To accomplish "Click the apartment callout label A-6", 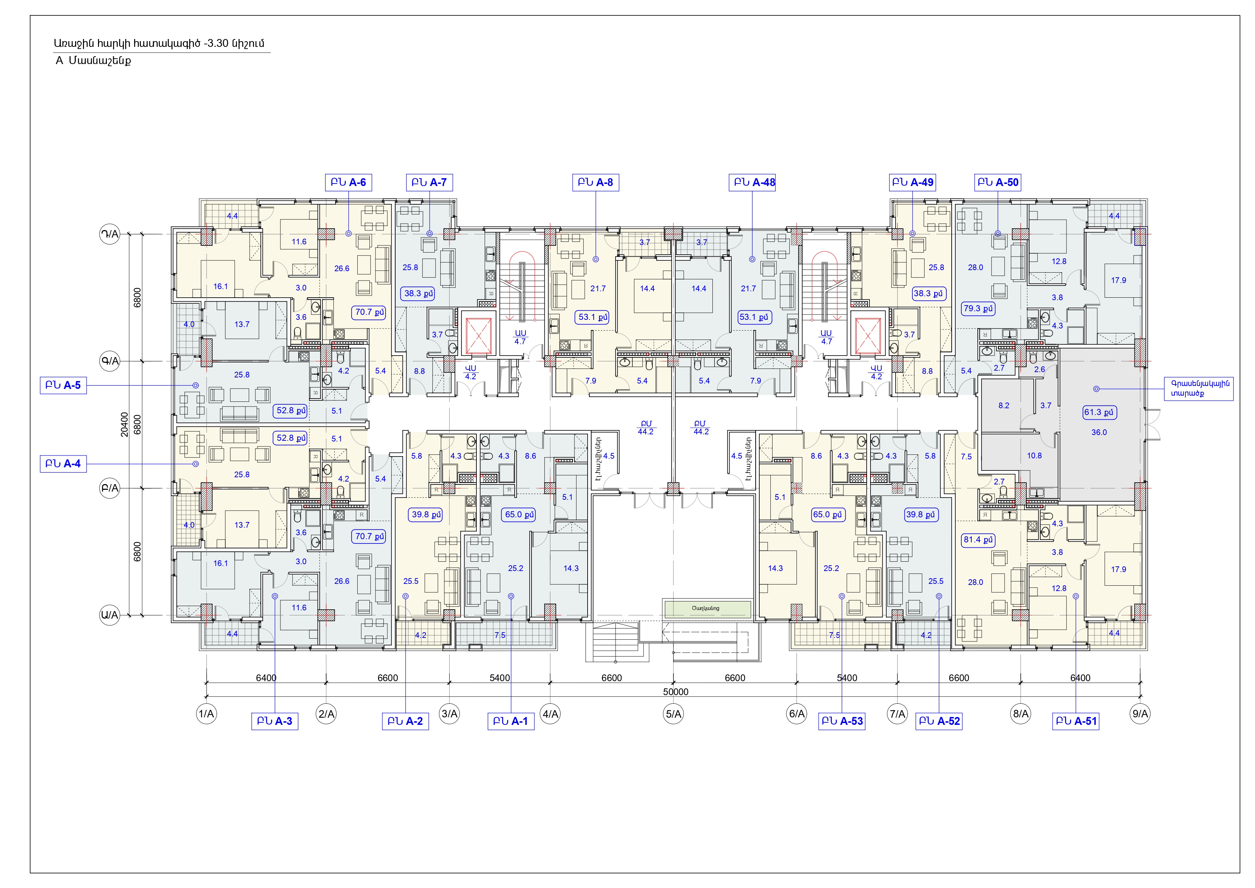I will [348, 182].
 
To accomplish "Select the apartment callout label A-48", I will [752, 182].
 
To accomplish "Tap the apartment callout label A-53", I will [842, 721].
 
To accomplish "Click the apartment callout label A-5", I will [63, 385].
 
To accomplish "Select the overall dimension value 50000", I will [676, 692].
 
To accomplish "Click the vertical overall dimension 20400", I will [124, 424].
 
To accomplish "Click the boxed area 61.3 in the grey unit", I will [1099, 412].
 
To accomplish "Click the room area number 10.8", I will [1034, 455].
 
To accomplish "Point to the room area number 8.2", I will [1004, 406].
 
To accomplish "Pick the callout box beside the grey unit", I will [1199, 389].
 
